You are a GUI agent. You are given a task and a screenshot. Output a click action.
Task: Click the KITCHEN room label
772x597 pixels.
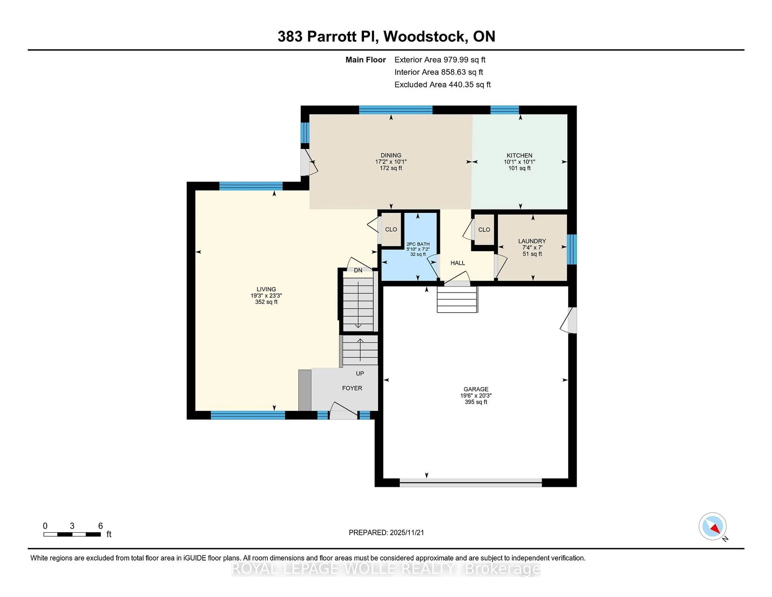point(519,155)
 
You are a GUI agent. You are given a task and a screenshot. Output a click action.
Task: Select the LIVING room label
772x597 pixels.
point(266,289)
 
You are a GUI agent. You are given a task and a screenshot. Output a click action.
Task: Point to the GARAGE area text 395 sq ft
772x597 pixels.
point(476,402)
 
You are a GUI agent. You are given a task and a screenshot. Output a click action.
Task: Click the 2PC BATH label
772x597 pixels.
point(418,244)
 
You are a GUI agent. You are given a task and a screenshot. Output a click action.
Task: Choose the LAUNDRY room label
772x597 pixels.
point(532,241)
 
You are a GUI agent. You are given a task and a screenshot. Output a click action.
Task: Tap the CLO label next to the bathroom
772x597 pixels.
point(391,229)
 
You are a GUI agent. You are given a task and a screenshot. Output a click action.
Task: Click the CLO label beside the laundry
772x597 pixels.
point(484,230)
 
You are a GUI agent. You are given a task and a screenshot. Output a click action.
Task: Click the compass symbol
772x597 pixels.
point(712,526)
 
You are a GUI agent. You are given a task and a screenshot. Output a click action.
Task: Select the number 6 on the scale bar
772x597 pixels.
point(100,526)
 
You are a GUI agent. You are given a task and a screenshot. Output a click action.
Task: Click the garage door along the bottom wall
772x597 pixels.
point(470,483)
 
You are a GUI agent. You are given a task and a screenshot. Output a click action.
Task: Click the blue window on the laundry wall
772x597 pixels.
point(572,249)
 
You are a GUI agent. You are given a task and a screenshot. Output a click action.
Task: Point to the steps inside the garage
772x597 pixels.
point(457,299)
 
